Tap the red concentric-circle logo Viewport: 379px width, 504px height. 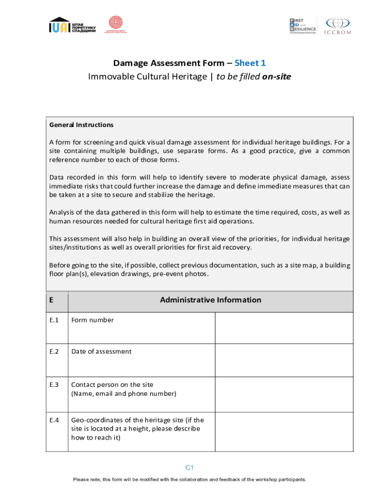coord(115,23)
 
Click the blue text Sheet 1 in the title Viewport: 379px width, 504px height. coord(250,63)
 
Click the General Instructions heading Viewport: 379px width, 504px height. coord(81,125)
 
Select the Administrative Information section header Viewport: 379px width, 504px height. coord(210,300)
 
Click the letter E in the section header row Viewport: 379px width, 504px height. coord(51,300)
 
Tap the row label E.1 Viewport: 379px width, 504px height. coord(54,320)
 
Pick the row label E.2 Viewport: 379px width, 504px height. coord(54,351)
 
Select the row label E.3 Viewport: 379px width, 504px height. coord(54,384)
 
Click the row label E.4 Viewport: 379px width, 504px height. coord(54,420)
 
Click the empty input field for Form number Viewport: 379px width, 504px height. coord(284,328)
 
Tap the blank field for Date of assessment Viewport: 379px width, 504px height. coord(284,360)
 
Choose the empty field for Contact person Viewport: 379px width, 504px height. coord(284,394)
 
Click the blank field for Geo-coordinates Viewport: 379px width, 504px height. coord(284,432)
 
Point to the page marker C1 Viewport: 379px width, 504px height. coord(189,468)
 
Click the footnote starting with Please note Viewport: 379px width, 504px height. coord(189,479)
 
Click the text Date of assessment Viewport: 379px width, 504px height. coord(101,351)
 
